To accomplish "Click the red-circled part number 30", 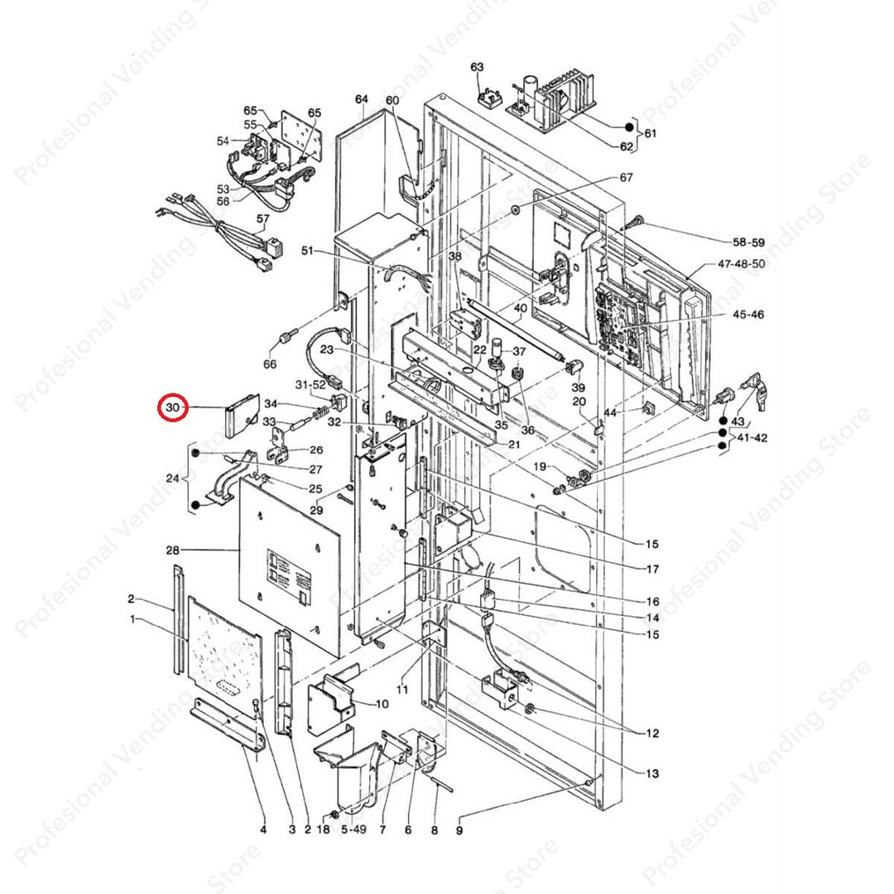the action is (x=172, y=407).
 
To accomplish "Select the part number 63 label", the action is (x=477, y=67).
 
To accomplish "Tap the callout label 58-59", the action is (x=748, y=243).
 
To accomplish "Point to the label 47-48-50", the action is (x=741, y=263).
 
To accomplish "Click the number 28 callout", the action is (x=172, y=550).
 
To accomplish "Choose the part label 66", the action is (x=270, y=363).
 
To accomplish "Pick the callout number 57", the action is (x=262, y=219).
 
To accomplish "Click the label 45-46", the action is (x=748, y=315).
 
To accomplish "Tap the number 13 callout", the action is (x=652, y=774).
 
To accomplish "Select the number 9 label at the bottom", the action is (x=459, y=831).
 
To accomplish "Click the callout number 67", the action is (x=626, y=177).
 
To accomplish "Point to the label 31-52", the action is (x=310, y=385).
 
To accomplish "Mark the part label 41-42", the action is (x=752, y=438).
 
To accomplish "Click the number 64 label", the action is (x=362, y=99).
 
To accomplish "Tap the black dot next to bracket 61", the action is (x=629, y=127).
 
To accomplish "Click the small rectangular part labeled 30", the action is (x=242, y=415).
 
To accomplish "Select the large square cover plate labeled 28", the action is (x=290, y=566).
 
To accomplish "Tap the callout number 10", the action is (x=382, y=704).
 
